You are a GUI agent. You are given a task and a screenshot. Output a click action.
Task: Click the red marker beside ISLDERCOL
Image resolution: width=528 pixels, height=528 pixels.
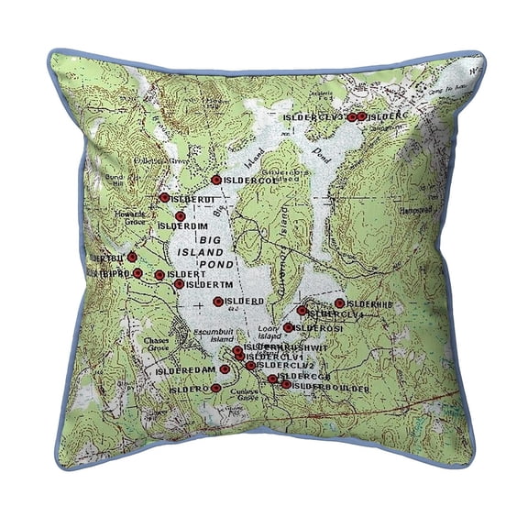(x=215, y=180)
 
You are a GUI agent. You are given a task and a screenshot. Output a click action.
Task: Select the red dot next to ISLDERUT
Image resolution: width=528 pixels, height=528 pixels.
(x=164, y=197)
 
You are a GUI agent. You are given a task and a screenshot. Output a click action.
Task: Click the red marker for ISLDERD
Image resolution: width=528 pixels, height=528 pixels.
(x=218, y=301)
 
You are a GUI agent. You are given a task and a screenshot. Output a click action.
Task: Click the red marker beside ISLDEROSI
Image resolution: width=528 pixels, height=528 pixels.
(x=288, y=327)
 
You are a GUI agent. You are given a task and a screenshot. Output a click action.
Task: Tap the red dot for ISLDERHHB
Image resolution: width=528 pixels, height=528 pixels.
(x=339, y=302)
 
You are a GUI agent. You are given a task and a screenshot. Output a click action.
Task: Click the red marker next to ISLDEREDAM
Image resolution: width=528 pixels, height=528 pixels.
(x=225, y=369)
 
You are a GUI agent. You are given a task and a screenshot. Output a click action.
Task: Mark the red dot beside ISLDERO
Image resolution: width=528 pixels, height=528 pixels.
(x=215, y=388)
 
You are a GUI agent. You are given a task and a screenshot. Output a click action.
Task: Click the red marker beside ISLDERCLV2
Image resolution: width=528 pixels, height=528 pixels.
(x=251, y=366)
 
